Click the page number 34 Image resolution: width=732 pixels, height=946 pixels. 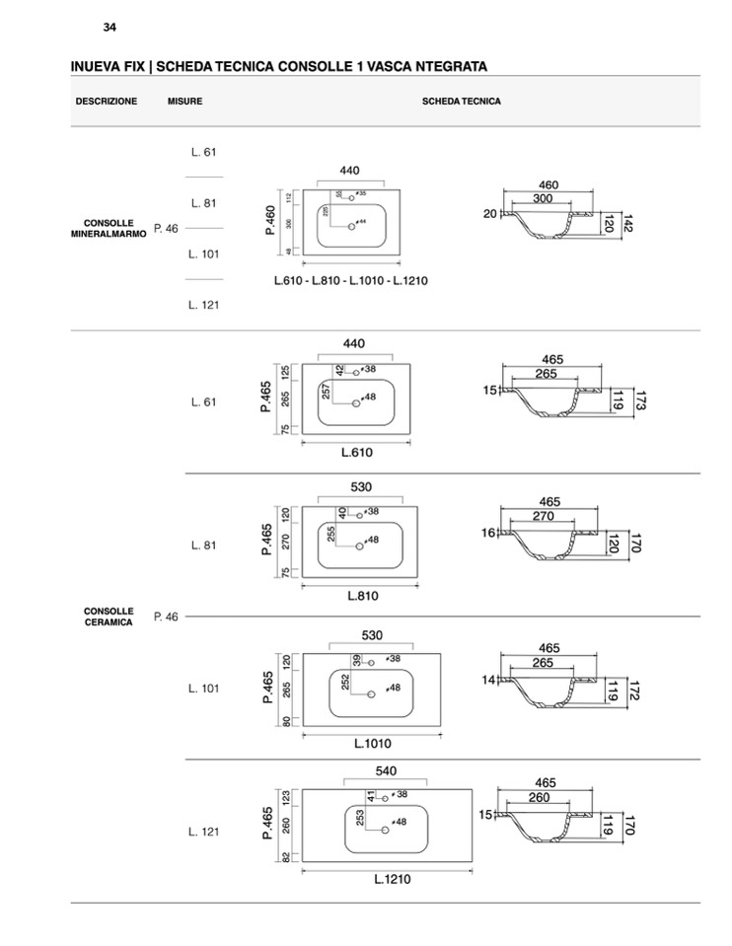tap(110, 27)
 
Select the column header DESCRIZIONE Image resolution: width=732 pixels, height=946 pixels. tap(107, 102)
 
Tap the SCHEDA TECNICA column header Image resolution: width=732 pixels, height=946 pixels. tap(462, 102)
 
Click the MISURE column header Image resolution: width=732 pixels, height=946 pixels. tap(184, 102)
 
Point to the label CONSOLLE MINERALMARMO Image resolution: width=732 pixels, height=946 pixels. tap(109, 229)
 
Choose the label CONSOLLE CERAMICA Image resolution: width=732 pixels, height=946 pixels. tap(109, 617)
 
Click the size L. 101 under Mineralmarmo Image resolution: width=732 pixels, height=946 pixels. tap(203, 255)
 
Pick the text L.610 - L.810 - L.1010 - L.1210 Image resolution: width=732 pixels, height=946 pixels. tap(351, 281)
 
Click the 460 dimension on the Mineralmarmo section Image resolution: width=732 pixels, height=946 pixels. tap(549, 184)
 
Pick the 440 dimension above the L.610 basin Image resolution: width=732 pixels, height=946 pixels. tap(353, 343)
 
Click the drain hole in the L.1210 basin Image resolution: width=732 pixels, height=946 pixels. tap(385, 830)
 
